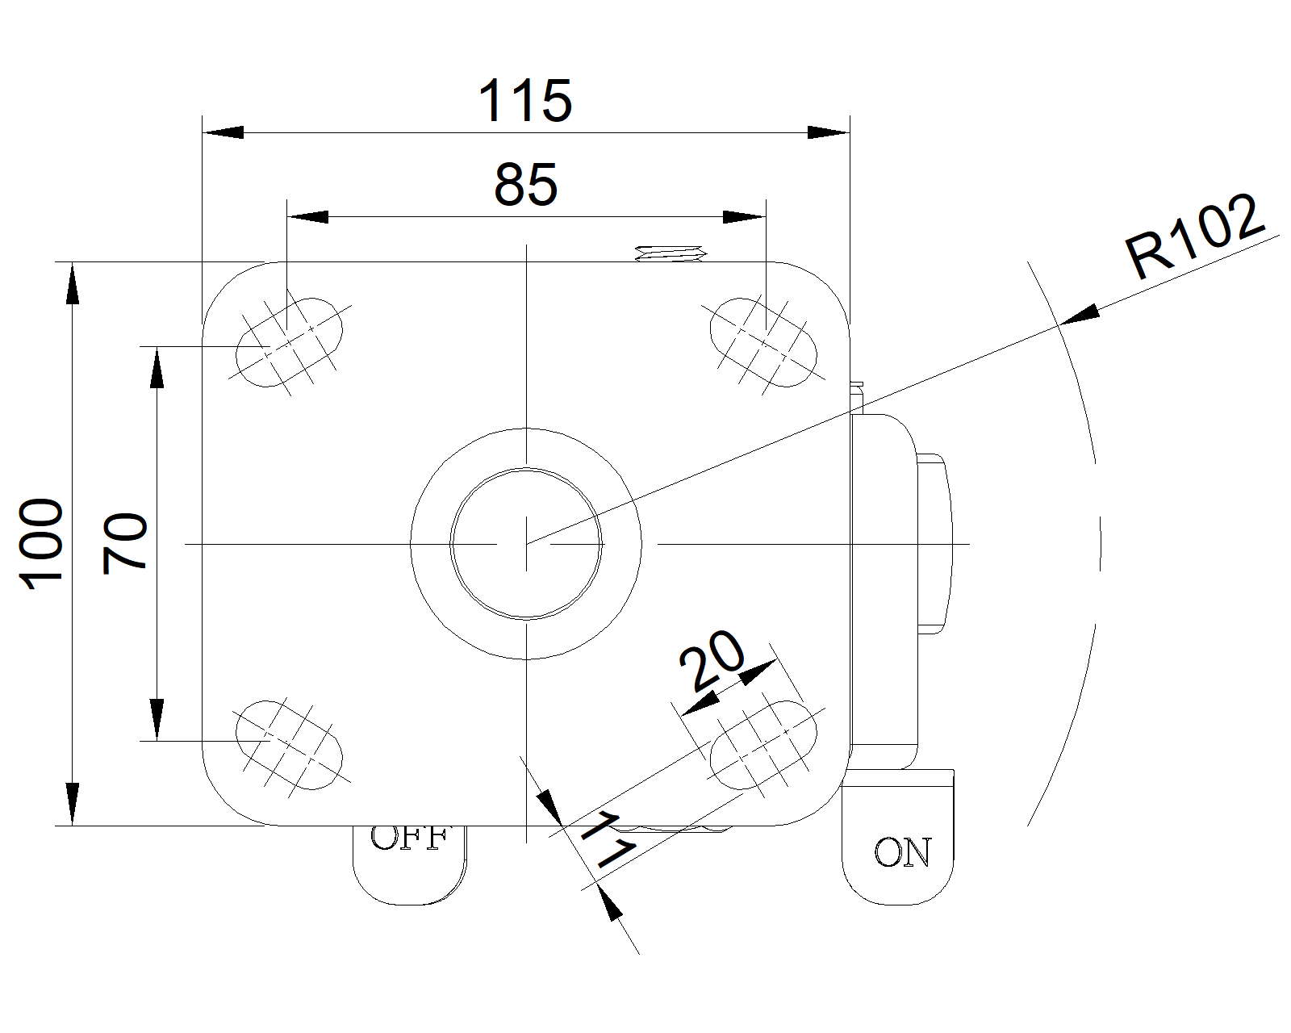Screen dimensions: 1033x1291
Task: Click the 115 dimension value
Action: click(x=525, y=102)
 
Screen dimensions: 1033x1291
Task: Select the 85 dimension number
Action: click(x=525, y=184)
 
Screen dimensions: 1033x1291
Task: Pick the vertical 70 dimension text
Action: click(x=126, y=543)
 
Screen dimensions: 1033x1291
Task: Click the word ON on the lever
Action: click(x=902, y=853)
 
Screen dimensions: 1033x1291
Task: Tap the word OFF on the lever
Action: click(x=408, y=839)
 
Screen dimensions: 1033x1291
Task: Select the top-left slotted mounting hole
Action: click(x=289, y=344)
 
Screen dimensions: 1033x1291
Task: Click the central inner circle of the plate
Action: click(x=526, y=543)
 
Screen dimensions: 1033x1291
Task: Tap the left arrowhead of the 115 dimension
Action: click(x=223, y=132)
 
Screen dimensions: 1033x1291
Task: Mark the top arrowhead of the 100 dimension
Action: click(x=73, y=282)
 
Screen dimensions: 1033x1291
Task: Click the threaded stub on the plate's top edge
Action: click(x=670, y=254)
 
